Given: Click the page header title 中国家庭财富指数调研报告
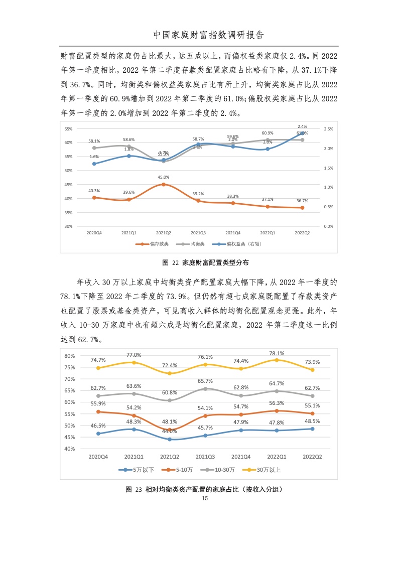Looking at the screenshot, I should (x=208, y=35).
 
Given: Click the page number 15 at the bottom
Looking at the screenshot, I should (x=204, y=499).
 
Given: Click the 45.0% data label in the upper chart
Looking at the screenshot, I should (x=163, y=177).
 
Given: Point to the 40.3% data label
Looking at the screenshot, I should (x=94, y=191).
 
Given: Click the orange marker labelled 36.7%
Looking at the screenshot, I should (x=302, y=208).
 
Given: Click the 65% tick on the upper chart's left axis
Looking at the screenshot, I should (x=68, y=129).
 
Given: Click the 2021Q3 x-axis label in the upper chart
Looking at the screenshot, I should (x=198, y=233).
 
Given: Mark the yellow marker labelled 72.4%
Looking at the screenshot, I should (x=170, y=373).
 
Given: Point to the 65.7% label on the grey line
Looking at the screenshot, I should (x=205, y=381).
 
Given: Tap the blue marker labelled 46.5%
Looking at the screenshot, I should (x=98, y=434).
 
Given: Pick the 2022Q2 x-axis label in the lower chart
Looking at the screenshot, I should (x=311, y=457).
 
